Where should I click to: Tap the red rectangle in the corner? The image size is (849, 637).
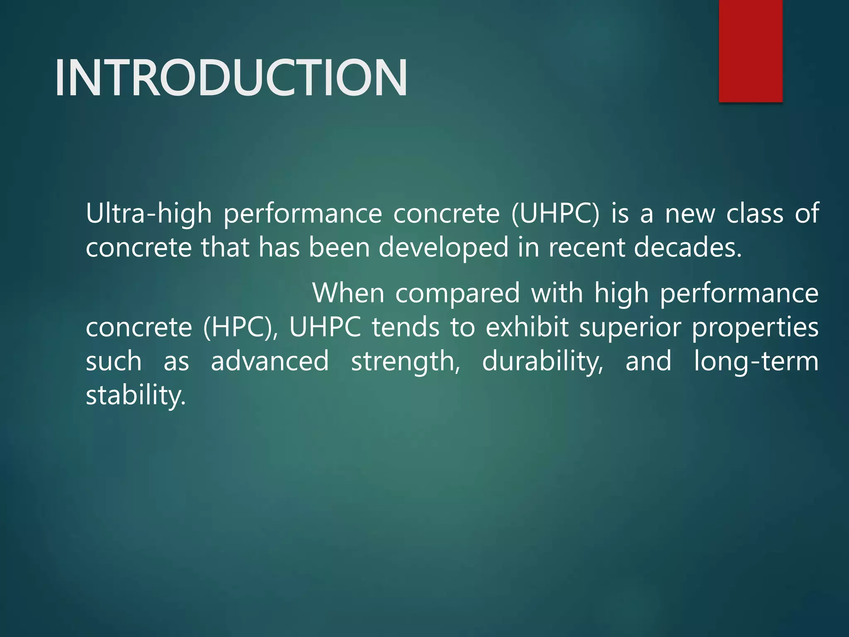pyautogui.click(x=750, y=51)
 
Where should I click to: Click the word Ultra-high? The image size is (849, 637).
pyautogui.click(x=148, y=214)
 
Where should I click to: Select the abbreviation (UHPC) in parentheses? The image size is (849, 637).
pyautogui.click(x=555, y=214)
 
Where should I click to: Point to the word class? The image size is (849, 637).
pyautogui.click(x=754, y=214)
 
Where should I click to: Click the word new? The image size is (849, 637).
pyautogui.click(x=690, y=214)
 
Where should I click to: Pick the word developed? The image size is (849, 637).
pyautogui.click(x=443, y=248)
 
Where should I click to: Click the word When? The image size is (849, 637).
pyautogui.click(x=348, y=293)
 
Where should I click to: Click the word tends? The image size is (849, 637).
pyautogui.click(x=405, y=328)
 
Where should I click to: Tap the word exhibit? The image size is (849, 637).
pyautogui.click(x=527, y=328)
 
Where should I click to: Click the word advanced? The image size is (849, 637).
pyautogui.click(x=270, y=361)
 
